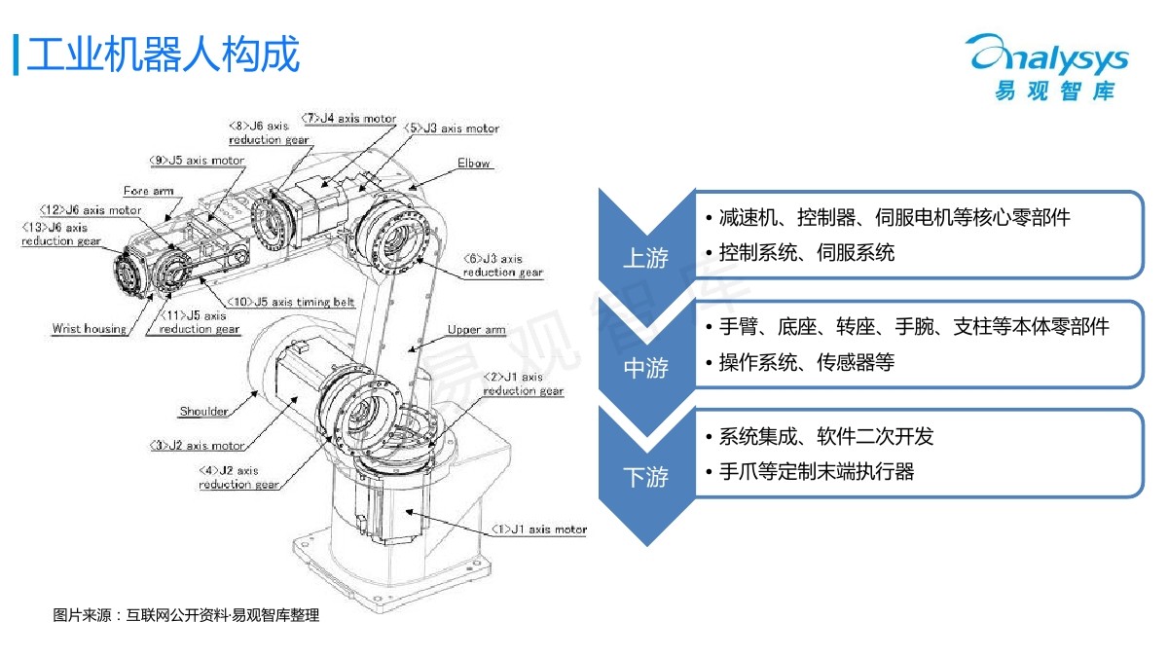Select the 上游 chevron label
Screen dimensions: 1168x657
click(x=645, y=258)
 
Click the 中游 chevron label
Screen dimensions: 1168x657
click(x=645, y=368)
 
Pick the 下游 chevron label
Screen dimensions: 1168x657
click(x=645, y=477)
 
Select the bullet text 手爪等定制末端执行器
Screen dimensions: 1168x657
click(x=817, y=472)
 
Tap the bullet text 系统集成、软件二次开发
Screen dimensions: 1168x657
click(x=826, y=436)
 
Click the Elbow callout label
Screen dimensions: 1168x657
click(x=474, y=164)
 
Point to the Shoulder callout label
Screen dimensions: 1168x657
click(x=203, y=411)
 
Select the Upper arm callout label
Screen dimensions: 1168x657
click(x=476, y=330)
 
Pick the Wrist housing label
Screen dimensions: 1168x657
click(x=90, y=329)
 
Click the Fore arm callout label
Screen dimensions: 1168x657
click(x=149, y=191)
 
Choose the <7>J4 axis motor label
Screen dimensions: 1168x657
click(x=348, y=119)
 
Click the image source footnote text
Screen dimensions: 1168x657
click(x=186, y=615)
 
